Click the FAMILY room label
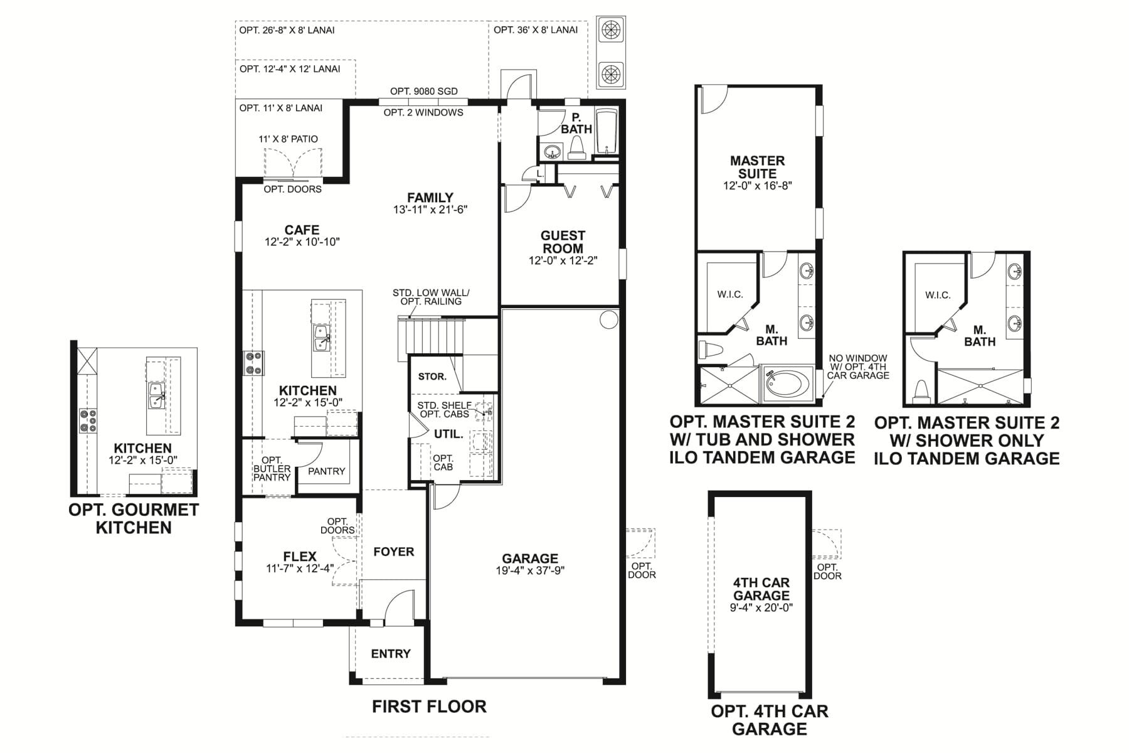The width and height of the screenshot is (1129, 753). click(430, 197)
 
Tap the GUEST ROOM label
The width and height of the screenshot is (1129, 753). click(563, 242)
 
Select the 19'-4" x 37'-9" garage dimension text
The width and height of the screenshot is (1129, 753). click(529, 571)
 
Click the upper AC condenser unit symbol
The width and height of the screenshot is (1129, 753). click(611, 29)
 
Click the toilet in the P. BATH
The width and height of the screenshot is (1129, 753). click(576, 148)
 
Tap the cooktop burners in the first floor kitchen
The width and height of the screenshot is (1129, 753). click(253, 363)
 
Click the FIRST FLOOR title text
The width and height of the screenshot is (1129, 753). click(429, 707)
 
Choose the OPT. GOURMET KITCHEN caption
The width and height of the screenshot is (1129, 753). click(134, 518)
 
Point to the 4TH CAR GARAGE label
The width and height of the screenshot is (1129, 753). click(761, 589)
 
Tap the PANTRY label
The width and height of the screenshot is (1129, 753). click(326, 471)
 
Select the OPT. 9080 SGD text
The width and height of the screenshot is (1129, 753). click(424, 91)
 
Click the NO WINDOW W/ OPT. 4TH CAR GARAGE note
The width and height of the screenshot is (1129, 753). click(858, 366)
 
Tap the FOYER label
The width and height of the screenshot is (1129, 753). click(393, 552)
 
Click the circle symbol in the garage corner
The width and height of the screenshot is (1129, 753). click(608, 319)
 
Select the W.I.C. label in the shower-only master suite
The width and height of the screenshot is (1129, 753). click(938, 295)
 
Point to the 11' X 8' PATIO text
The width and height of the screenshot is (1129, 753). click(288, 139)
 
